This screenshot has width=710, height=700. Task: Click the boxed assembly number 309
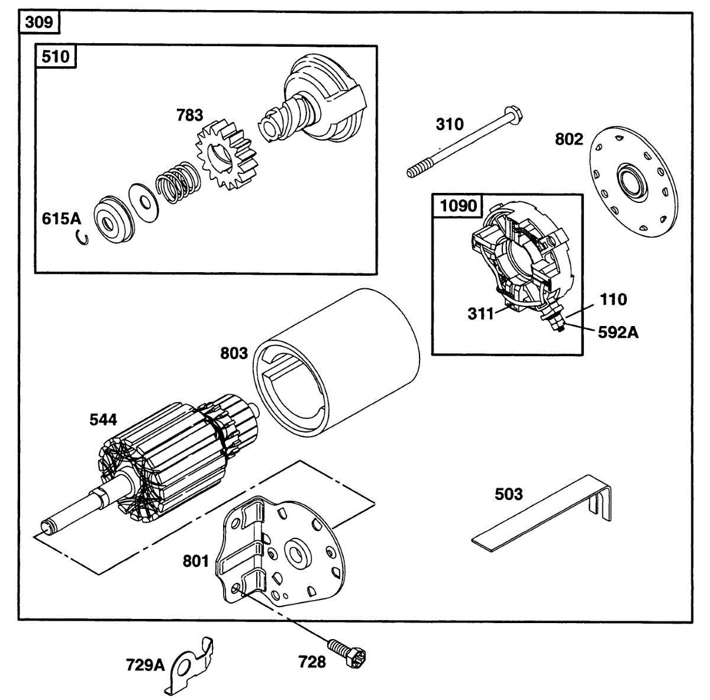tap(39, 22)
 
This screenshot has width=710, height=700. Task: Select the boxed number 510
tap(55, 57)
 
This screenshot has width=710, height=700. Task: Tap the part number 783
tap(189, 115)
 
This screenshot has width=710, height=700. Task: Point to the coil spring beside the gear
tap(178, 182)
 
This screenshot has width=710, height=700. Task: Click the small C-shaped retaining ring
tap(83, 237)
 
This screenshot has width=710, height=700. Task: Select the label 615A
tap(61, 218)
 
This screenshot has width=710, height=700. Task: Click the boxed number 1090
tap(459, 206)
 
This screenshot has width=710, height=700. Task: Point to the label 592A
tap(618, 333)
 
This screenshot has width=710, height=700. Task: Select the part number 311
tap(480, 314)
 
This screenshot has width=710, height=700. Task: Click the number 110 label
tap(613, 299)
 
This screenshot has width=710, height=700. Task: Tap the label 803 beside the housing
tap(234, 353)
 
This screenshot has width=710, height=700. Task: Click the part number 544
tap(103, 420)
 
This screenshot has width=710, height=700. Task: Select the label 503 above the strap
tap(508, 494)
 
